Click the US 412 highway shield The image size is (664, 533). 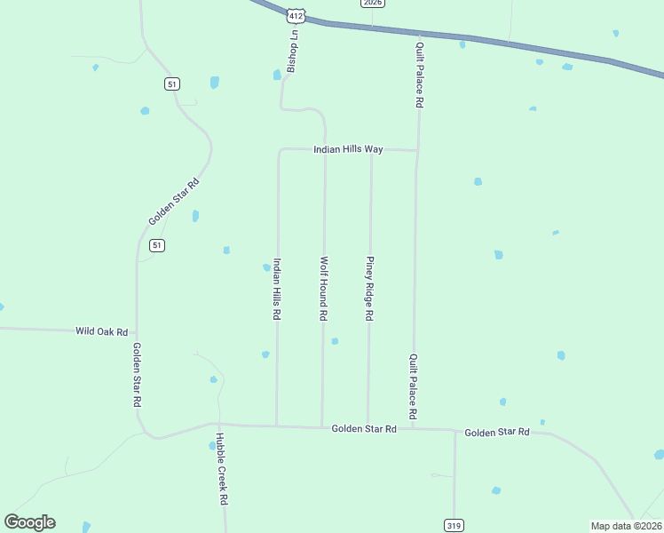(296, 15)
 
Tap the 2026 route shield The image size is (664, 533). (373, 3)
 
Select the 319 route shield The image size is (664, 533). (454, 526)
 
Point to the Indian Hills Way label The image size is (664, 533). (348, 149)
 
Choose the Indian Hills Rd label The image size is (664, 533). (278, 289)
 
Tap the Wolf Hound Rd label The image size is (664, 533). (324, 289)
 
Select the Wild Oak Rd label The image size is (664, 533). (102, 330)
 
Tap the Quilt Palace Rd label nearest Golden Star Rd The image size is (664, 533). (414, 386)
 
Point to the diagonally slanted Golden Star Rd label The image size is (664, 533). (174, 202)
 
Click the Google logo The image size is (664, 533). (29, 522)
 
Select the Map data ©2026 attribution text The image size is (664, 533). (626, 526)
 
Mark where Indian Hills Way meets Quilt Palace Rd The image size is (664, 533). (416, 150)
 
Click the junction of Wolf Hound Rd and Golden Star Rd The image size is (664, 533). (322, 427)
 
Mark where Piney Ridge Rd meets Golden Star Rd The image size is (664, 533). (368, 428)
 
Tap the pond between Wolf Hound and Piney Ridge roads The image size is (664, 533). (335, 341)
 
